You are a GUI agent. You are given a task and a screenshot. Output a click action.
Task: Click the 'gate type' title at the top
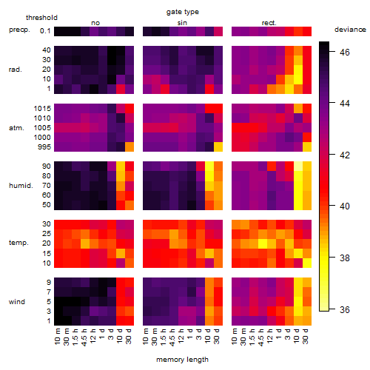183,12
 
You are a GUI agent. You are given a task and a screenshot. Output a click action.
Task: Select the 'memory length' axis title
182,360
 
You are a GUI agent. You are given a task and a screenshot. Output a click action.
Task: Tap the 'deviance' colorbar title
350,30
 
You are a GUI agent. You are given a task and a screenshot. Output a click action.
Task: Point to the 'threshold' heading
41,18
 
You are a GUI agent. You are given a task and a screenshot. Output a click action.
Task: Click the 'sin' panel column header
182,23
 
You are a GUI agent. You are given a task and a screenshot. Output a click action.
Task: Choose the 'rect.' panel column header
269,23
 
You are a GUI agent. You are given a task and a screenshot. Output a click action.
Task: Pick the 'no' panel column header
95,23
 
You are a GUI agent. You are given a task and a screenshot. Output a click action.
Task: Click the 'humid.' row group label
21,186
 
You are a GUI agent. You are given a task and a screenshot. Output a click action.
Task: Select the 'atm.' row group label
16,128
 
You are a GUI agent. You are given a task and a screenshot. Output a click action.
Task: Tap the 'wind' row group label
17,302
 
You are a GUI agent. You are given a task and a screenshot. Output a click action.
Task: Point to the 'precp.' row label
19,30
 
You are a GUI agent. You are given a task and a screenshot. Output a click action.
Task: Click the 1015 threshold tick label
42,109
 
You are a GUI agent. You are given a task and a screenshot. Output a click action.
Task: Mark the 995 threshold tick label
44,147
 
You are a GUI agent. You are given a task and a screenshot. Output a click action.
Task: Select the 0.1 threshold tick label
45,31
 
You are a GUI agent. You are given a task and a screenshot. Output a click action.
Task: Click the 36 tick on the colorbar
345,309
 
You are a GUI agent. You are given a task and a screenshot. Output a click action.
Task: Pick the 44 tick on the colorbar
345,103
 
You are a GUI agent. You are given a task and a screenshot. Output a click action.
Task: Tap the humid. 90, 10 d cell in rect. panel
298,166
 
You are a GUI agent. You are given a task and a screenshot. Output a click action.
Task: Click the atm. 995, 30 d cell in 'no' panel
129,147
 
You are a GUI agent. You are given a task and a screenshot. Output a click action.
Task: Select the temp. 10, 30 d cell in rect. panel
307,263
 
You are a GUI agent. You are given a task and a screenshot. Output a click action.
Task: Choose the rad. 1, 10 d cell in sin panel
209,89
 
